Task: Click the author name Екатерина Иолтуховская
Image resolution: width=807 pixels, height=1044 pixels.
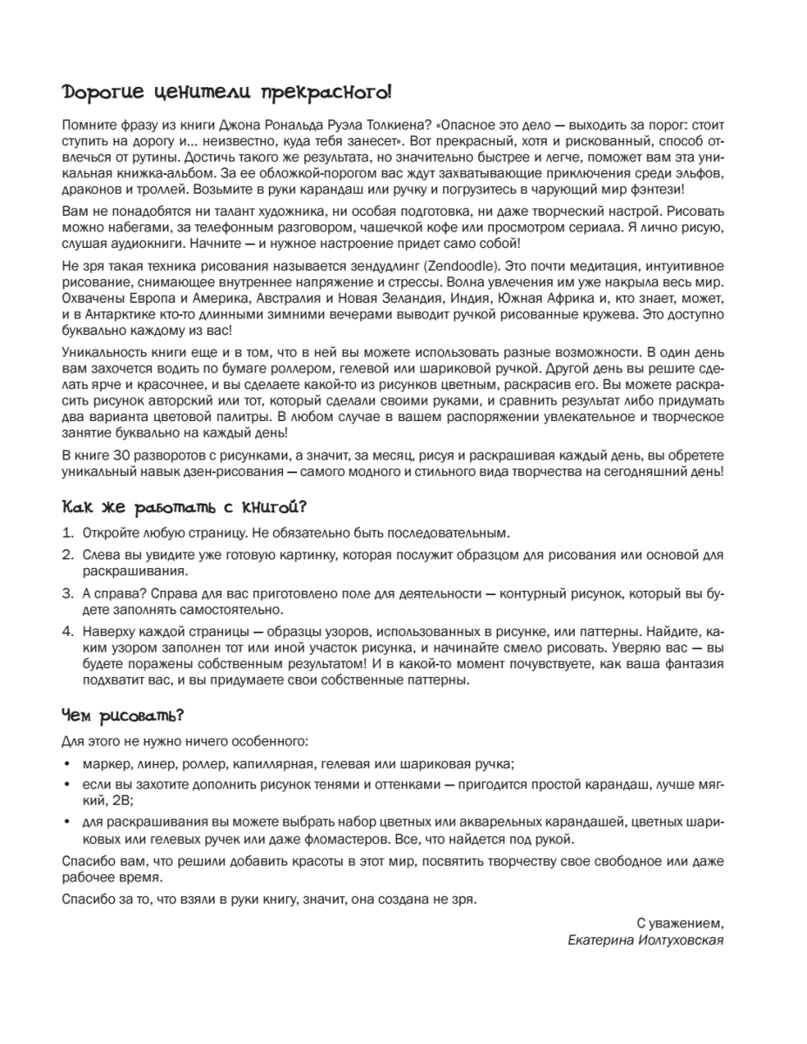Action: [645, 940]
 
